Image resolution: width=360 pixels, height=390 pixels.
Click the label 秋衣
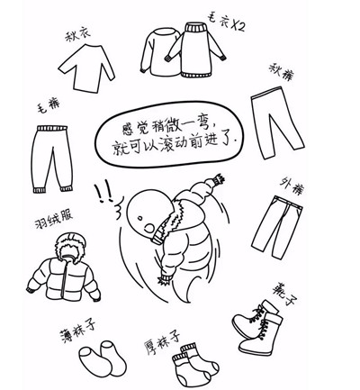[77, 35]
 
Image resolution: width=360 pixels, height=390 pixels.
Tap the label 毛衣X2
[227, 22]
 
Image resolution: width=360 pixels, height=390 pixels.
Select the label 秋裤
[282, 72]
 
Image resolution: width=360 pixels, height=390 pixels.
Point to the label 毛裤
[48, 106]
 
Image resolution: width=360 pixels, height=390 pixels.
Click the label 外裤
[292, 186]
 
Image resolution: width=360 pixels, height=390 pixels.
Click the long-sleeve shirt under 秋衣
[86, 68]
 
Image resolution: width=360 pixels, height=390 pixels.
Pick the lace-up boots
[257, 328]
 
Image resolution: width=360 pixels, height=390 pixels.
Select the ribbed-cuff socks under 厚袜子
[195, 365]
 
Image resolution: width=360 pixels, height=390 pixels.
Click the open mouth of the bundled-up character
[149, 228]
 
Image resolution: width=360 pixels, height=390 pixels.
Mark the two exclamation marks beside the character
[103, 193]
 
